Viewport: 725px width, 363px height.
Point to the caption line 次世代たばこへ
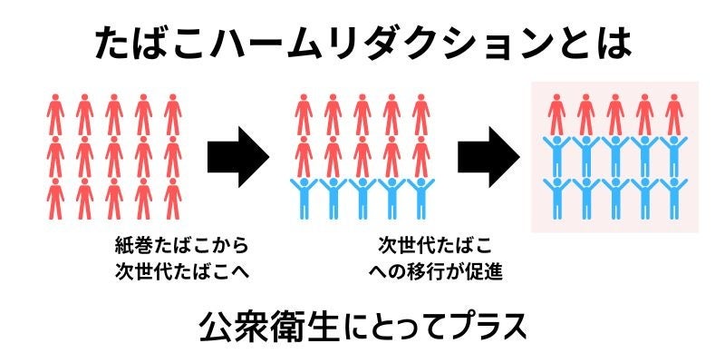click(x=181, y=270)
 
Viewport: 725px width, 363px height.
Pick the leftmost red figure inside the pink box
click(x=556, y=114)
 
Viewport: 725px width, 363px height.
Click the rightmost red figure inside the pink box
click(x=672, y=114)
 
